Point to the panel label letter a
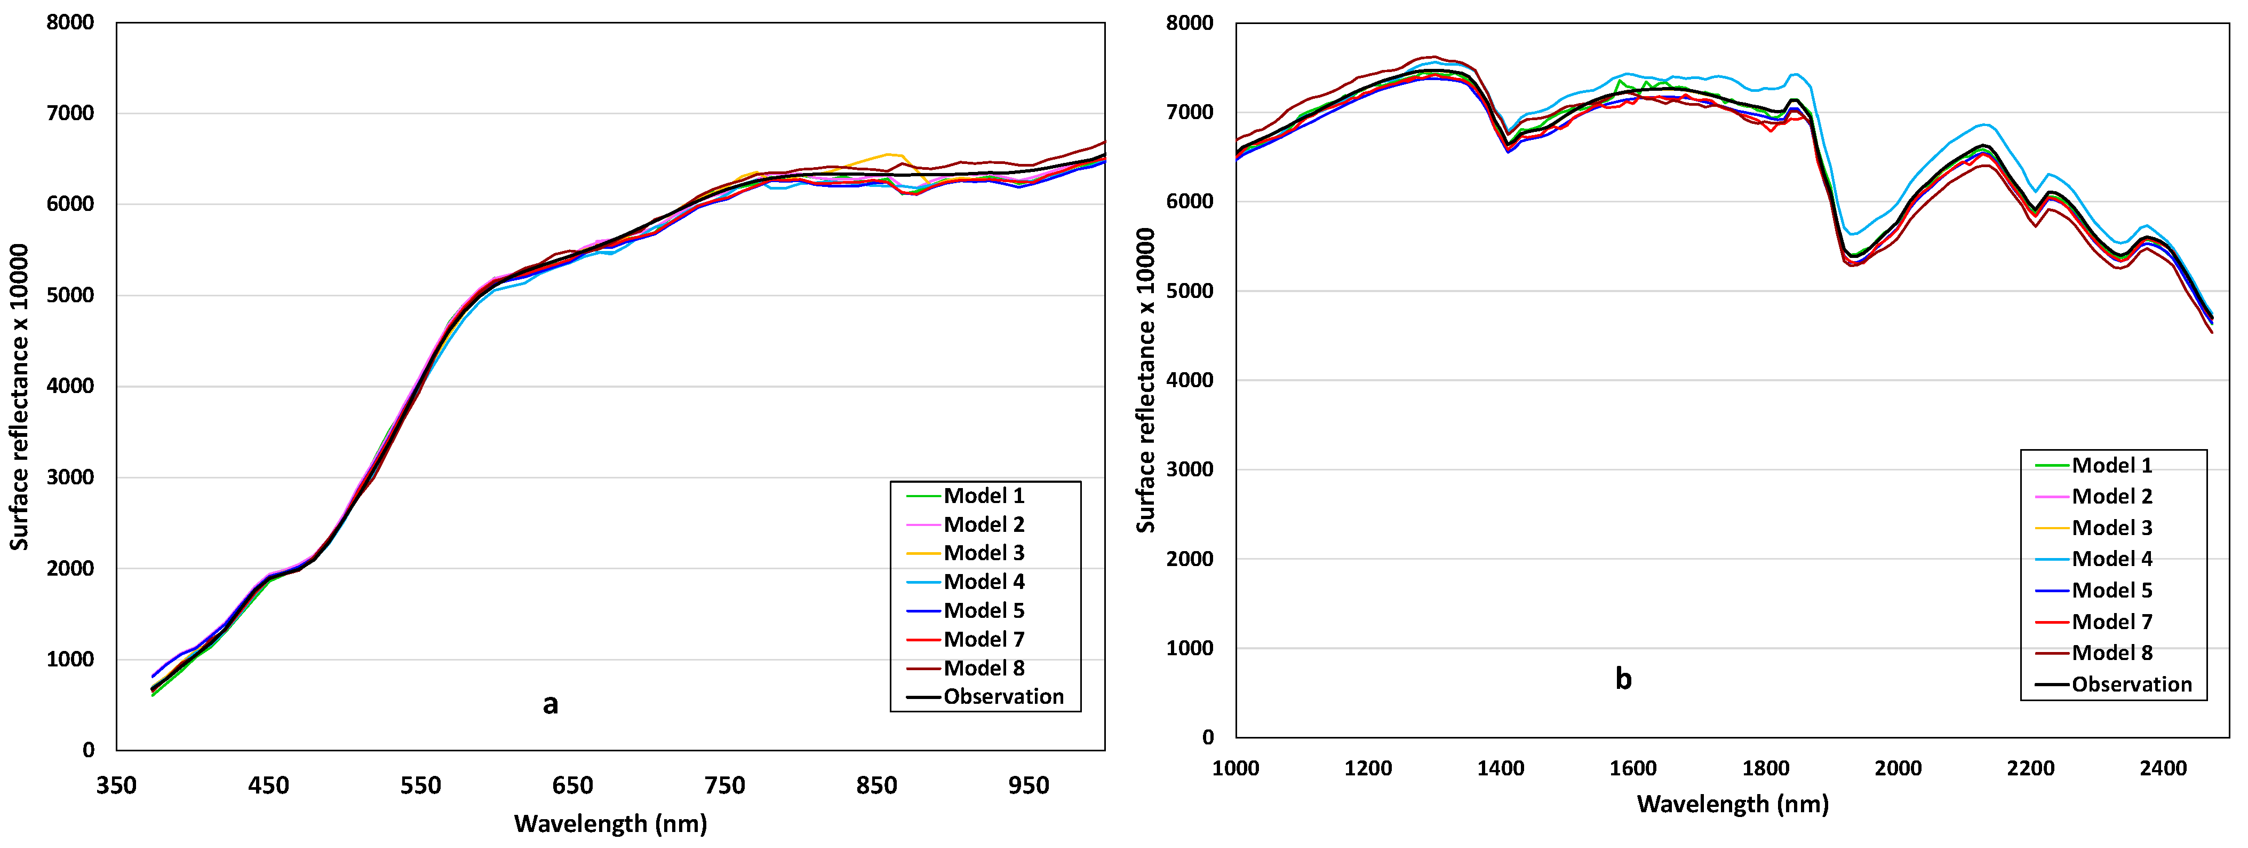(x=550, y=704)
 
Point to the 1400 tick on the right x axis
(x=1500, y=768)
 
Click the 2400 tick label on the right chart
(x=2163, y=768)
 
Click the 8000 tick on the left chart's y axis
(x=70, y=23)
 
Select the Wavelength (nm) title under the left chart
(x=610, y=823)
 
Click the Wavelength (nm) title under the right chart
(x=1732, y=804)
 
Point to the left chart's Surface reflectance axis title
(x=19, y=397)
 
